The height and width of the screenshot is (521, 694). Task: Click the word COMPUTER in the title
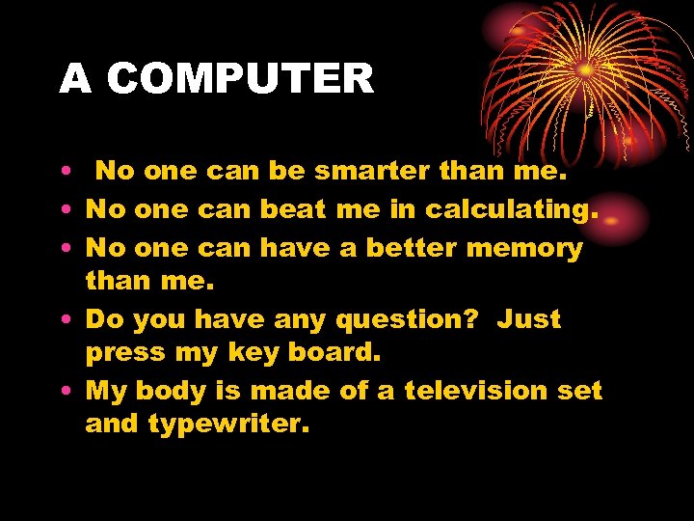click(x=240, y=79)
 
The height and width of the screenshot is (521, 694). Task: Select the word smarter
click(x=371, y=172)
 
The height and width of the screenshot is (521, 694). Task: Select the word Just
click(x=528, y=318)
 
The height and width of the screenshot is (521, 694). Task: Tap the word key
click(x=252, y=353)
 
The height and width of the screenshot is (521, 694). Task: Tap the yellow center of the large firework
click(x=585, y=70)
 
